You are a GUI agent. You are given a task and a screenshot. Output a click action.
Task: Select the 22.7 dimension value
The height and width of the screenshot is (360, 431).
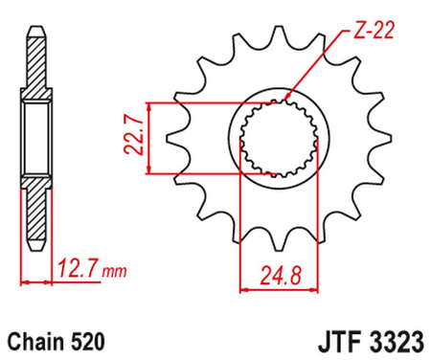pyautogui.click(x=135, y=139)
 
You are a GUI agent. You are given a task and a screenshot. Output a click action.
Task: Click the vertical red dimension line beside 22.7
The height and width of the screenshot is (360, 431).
pyautogui.click(x=148, y=138)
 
